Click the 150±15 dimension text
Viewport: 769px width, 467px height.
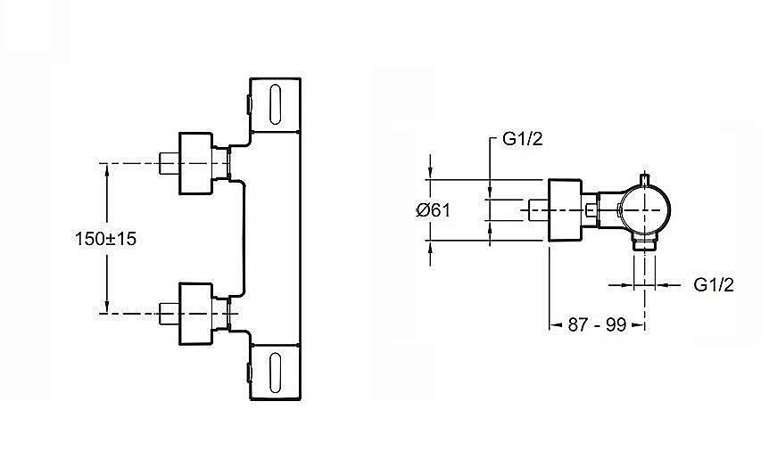pyautogui.click(x=105, y=239)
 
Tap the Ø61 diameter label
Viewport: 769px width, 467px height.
pyautogui.click(x=433, y=210)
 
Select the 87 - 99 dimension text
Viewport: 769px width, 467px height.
pyautogui.click(x=597, y=324)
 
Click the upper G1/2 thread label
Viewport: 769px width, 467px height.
pyautogui.click(x=522, y=139)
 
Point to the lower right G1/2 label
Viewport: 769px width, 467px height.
pyautogui.click(x=714, y=284)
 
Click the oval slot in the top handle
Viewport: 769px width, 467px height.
pyautogui.click(x=275, y=104)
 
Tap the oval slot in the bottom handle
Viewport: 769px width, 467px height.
pyautogui.click(x=275, y=373)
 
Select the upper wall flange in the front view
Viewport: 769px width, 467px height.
pyautogui.click(x=195, y=163)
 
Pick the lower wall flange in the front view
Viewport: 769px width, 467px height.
pyautogui.click(x=195, y=314)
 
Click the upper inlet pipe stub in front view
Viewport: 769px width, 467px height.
pyautogui.click(x=170, y=163)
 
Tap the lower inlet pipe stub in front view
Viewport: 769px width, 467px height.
pyautogui.click(x=170, y=314)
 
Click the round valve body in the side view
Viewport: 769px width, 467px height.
pyautogui.click(x=644, y=209)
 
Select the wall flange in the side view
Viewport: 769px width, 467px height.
pyautogui.click(x=565, y=210)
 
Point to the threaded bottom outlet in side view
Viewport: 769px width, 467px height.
pyautogui.click(x=644, y=243)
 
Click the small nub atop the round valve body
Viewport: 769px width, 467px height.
pyautogui.click(x=645, y=179)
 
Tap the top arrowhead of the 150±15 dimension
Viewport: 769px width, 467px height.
pyautogui.click(x=106, y=169)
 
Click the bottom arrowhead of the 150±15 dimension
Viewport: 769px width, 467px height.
pyautogui.click(x=106, y=307)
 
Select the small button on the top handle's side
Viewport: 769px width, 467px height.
pyautogui.click(x=249, y=104)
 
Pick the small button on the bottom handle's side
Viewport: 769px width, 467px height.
pyautogui.click(x=249, y=373)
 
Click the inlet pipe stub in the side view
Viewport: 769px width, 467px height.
pyautogui.click(x=539, y=210)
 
